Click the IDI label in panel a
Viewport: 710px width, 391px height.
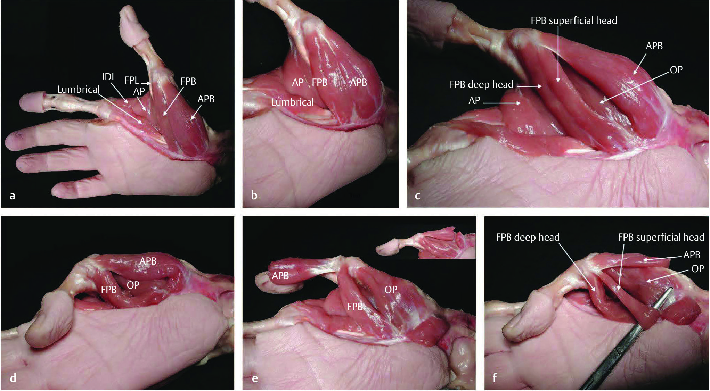coord(108,77)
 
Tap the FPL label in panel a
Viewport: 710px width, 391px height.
coord(132,81)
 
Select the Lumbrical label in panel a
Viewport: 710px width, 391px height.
coord(79,90)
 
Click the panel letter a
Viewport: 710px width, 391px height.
coord(13,196)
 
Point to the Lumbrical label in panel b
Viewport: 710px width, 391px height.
coord(293,102)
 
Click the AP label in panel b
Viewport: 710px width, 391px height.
coord(298,82)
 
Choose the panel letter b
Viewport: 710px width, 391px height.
coord(254,195)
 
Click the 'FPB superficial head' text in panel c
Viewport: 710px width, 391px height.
coord(574,21)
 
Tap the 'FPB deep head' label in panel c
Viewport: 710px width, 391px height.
coord(481,84)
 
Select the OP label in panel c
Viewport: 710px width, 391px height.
coord(676,70)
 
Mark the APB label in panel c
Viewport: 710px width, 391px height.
coord(654,46)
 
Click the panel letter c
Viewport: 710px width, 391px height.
coord(418,196)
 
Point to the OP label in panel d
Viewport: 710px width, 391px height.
coord(133,285)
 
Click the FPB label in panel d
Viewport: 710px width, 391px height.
coord(109,290)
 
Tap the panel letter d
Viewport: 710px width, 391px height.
coord(13,377)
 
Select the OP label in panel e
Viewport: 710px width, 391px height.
coord(391,290)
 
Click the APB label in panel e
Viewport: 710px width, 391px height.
coord(280,276)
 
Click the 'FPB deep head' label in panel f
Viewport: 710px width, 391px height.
coord(528,237)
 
